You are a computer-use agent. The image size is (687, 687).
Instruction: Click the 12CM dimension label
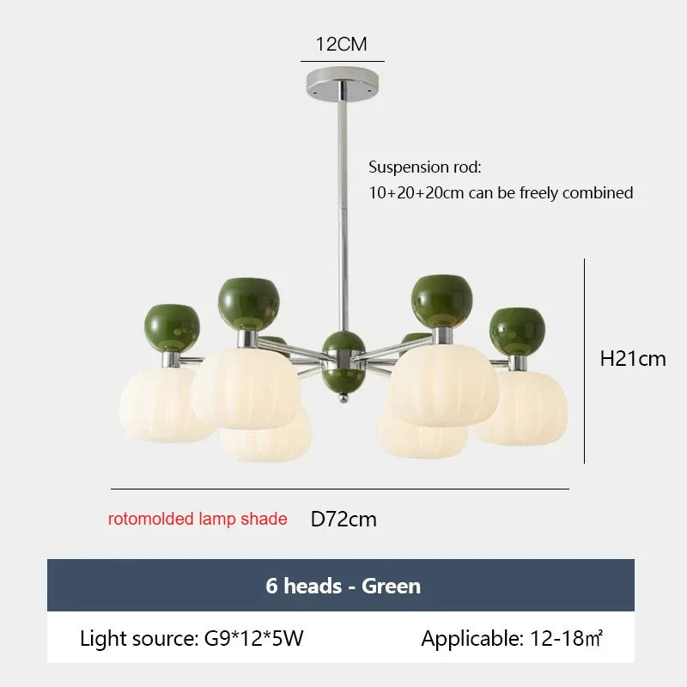click(x=341, y=45)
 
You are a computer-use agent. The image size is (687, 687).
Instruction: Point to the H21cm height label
click(x=633, y=359)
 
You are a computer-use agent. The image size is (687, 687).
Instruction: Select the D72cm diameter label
click(x=343, y=520)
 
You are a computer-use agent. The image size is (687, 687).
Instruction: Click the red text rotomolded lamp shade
click(x=198, y=519)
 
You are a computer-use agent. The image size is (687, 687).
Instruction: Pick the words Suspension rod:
click(x=424, y=167)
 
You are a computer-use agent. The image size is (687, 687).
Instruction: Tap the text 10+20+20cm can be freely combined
click(x=501, y=192)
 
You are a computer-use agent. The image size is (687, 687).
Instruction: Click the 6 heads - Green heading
click(x=343, y=586)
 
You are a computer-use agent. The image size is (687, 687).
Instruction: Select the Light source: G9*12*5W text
click(x=192, y=638)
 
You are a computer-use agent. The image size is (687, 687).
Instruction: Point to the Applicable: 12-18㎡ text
click(x=512, y=638)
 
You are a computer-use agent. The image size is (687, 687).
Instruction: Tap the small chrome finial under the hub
click(x=344, y=398)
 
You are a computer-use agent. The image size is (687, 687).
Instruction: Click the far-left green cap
click(x=172, y=328)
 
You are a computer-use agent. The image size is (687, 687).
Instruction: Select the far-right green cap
click(x=517, y=331)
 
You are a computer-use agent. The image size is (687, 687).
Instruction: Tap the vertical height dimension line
click(x=585, y=361)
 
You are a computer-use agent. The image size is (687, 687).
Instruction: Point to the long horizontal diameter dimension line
click(x=340, y=489)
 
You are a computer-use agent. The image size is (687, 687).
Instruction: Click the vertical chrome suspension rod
click(x=343, y=216)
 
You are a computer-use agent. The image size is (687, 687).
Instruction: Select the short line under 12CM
click(x=342, y=61)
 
